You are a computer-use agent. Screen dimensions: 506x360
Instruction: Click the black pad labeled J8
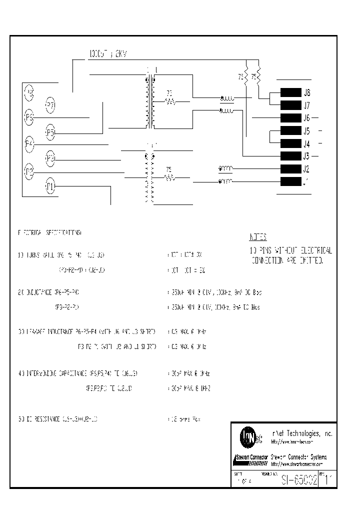290,92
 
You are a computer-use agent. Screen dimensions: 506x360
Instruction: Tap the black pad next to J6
290,118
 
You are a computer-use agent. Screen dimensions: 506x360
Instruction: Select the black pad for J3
290,155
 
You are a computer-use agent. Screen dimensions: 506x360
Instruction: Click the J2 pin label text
306,169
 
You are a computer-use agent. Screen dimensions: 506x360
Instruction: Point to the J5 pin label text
306,131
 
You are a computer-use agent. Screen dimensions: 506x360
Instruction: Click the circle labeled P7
50,104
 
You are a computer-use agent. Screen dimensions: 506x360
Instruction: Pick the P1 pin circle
50,186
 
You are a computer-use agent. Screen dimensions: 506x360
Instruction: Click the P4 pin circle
29,144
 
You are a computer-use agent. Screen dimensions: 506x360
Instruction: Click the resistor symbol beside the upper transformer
170,101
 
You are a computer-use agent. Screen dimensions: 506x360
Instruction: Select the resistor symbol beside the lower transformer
170,177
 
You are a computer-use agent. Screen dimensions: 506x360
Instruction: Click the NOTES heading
258,237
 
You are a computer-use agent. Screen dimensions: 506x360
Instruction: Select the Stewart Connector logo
251,457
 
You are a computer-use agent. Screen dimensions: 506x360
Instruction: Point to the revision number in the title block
327,480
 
